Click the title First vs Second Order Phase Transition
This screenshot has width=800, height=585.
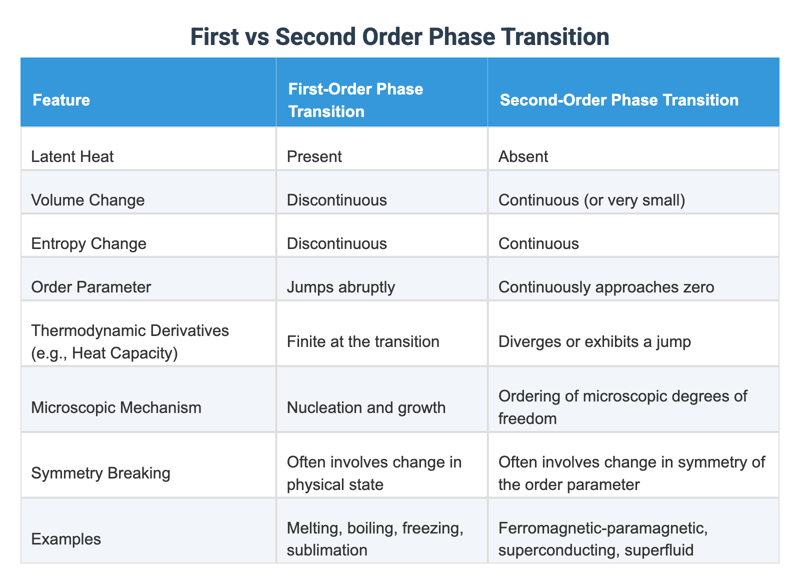(x=399, y=37)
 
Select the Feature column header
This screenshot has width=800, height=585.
(x=61, y=100)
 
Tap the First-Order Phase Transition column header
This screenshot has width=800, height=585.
(x=355, y=100)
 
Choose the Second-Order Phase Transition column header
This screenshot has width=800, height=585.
(x=619, y=100)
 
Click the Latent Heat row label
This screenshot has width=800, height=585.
(x=72, y=157)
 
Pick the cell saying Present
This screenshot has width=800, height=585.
(x=314, y=157)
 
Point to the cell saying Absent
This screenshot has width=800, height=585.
(x=523, y=157)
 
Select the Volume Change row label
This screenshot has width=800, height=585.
(x=88, y=200)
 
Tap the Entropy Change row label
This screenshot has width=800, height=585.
(x=89, y=243)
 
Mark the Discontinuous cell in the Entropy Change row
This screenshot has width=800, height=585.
(x=337, y=243)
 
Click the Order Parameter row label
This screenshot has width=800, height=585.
(x=91, y=287)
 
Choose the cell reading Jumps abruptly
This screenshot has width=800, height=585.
(x=341, y=287)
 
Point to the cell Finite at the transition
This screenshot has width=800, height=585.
(x=363, y=341)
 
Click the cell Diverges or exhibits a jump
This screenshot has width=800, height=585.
(x=595, y=341)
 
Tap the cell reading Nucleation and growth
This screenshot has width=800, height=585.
(x=366, y=407)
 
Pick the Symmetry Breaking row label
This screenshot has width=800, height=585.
(x=100, y=472)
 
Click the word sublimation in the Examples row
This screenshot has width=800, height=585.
(x=327, y=550)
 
